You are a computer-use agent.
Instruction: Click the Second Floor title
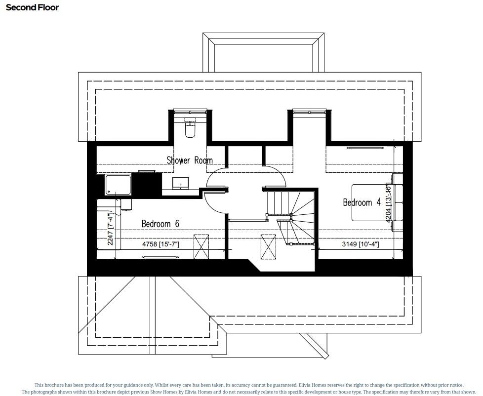coord(32,7)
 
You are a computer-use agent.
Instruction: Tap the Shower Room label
coord(189,160)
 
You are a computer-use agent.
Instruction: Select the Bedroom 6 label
coord(160,224)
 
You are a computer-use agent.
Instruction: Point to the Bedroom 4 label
coord(362,202)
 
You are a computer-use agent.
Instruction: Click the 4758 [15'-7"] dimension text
coord(161,244)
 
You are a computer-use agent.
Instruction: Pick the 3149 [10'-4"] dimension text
coord(360,244)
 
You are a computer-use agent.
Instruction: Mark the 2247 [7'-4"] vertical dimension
coord(111,228)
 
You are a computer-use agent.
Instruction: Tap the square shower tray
coord(118,185)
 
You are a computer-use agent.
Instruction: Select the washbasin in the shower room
coord(180,183)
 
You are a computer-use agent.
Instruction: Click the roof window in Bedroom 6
coord(201,246)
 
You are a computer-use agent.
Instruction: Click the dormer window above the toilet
coord(190,113)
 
